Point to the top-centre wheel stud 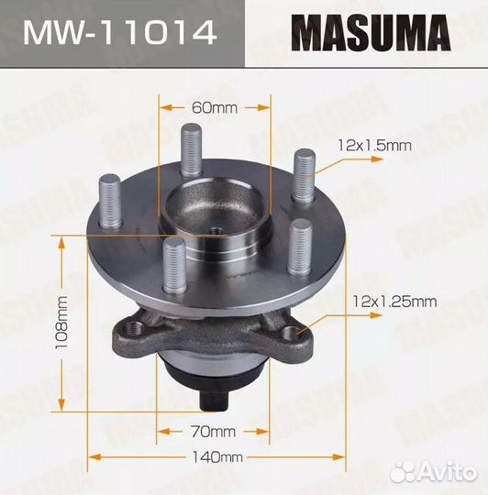192,149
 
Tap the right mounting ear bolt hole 293,333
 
